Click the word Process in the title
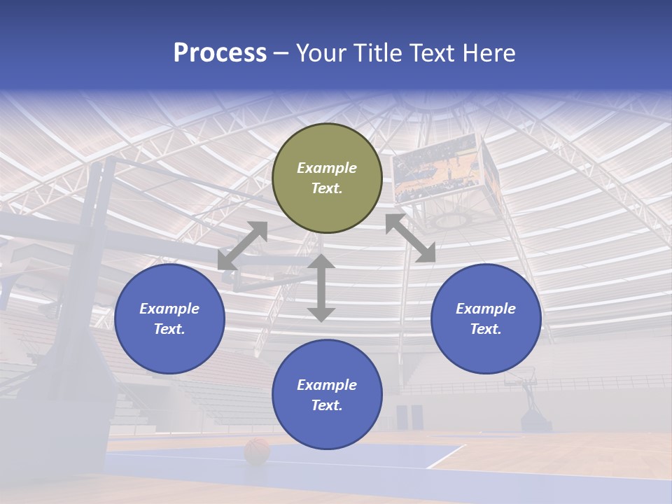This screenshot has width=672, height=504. coord(220,53)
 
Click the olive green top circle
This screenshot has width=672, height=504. coord(327,178)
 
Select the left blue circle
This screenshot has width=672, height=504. coord(169,318)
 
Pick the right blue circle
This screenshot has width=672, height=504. coord(486,318)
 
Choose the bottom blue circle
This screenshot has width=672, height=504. coord(327,395)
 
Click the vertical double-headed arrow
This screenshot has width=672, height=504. coord(321,288)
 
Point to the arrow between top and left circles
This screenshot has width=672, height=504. coord(242,246)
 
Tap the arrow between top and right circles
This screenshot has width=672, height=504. coord(410,238)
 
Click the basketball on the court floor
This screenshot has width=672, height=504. coord(257,451)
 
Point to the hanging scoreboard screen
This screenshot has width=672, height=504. coord(438,168)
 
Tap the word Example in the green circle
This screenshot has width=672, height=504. coord(327,168)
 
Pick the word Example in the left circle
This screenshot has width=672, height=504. coord(169,309)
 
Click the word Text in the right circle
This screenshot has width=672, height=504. coord(486,329)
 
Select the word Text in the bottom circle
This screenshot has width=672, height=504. coord(327,405)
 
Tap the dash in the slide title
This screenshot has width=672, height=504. coord(281,53)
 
